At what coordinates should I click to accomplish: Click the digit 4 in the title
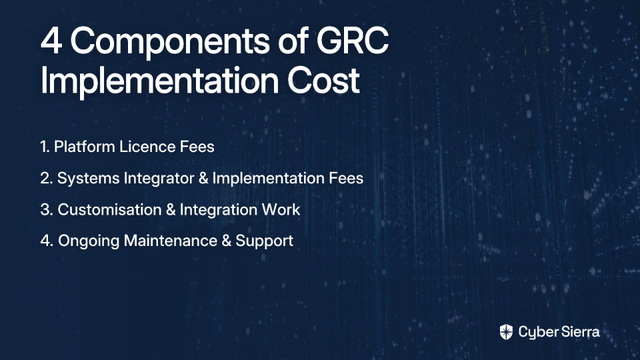click(x=51, y=41)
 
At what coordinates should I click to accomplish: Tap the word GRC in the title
click(x=353, y=41)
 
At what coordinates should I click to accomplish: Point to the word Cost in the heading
click(x=323, y=80)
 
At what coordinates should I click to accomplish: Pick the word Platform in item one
click(x=85, y=147)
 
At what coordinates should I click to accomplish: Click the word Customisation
click(x=110, y=210)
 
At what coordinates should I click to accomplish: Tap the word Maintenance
click(x=170, y=241)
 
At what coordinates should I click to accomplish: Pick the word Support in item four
click(x=264, y=241)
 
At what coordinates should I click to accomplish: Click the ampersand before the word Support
click(x=226, y=241)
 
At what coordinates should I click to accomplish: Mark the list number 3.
click(x=45, y=210)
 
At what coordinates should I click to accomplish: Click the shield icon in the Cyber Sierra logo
click(x=506, y=332)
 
